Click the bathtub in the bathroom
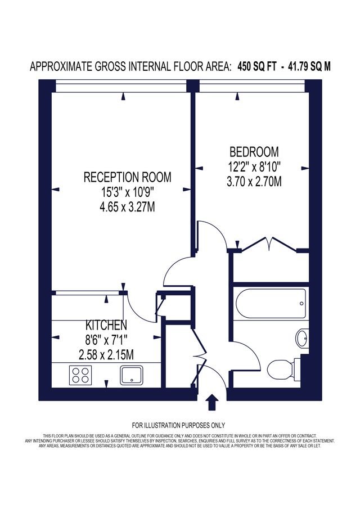click(271, 304)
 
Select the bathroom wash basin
click(302, 339)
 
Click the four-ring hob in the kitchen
click(80, 375)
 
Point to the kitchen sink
click(132, 375)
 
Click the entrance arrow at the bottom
click(212, 402)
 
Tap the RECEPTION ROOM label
click(127, 177)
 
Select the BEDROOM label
click(254, 152)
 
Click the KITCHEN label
click(106, 325)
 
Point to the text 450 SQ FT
click(257, 67)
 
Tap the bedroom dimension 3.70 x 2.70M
click(254, 182)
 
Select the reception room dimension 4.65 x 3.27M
click(127, 207)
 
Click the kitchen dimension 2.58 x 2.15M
click(106, 354)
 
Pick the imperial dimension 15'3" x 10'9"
click(127, 192)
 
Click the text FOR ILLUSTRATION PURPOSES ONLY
click(178, 425)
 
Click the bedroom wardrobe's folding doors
click(269, 245)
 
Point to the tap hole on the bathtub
click(301, 304)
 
